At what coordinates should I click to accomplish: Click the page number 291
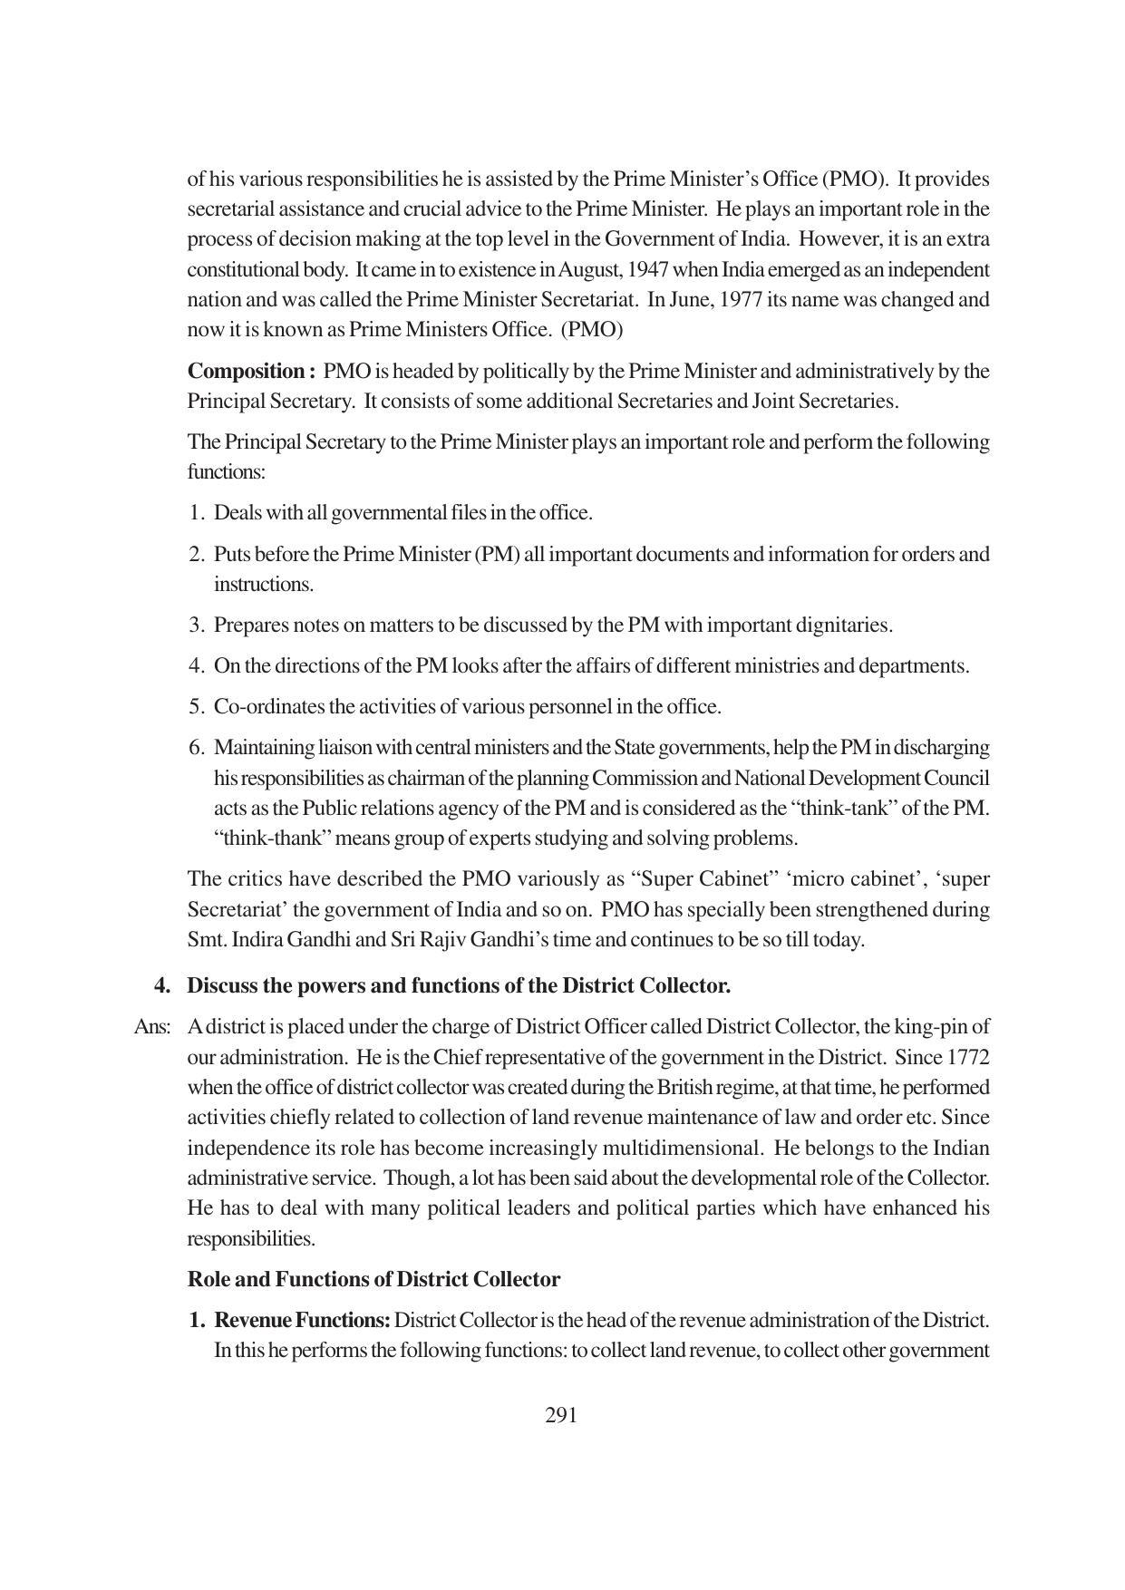[561, 1415]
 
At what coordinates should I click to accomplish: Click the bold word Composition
[246, 372]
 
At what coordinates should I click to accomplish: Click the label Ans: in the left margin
[151, 1027]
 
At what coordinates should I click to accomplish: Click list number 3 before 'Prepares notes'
[196, 625]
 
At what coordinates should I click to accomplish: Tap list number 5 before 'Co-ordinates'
[196, 706]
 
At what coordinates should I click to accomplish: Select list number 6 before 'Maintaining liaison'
[196, 748]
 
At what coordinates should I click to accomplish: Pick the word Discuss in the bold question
[222, 985]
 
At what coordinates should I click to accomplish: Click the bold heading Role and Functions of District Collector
[373, 1279]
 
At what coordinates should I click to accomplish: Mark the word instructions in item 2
[263, 585]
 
